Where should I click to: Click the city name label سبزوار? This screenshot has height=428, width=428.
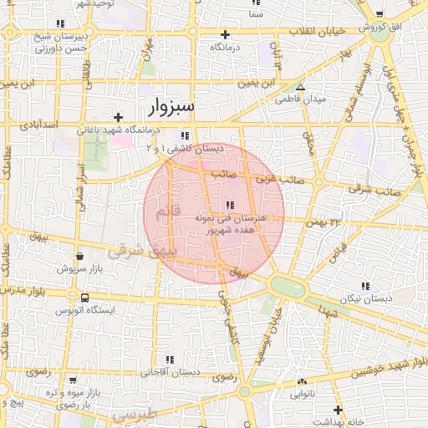171,106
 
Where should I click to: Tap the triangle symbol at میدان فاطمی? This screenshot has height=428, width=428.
301,87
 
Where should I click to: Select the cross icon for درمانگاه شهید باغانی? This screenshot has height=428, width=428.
119,117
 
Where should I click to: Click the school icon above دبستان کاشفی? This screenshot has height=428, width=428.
185,135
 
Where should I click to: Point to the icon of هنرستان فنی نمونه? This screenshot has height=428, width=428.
230,205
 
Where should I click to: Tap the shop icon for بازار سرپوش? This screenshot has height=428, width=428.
79,257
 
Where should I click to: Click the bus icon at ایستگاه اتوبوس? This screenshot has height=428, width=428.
84,298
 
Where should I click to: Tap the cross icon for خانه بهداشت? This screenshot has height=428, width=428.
338,410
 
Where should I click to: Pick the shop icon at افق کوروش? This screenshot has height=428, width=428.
380,15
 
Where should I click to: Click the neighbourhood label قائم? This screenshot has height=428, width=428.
167,212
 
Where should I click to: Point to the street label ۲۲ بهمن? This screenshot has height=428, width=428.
324,222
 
